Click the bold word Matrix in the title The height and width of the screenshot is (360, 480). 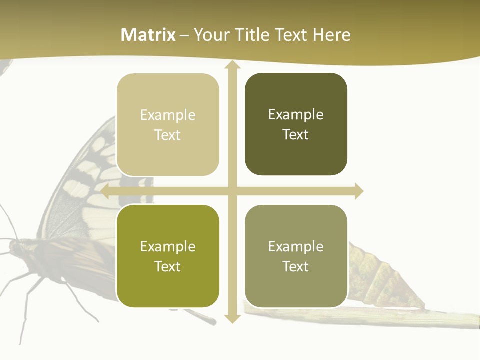pos(148,35)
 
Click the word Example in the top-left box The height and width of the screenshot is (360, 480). pos(168,115)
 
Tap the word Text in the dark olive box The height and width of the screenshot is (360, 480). pos(296,135)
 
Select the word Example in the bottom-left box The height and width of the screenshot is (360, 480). pos(168,247)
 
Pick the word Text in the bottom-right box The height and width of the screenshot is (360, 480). pos(296,266)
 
